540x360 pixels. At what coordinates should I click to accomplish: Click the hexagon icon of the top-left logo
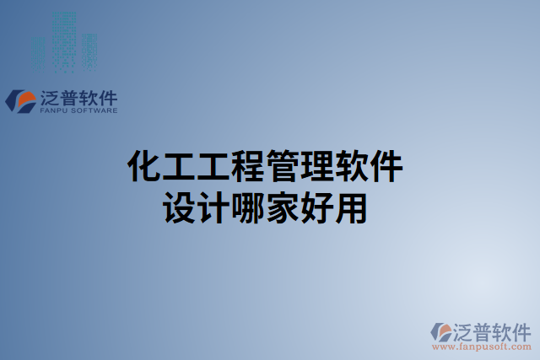[19, 101]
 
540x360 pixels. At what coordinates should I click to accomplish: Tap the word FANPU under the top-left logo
[55, 110]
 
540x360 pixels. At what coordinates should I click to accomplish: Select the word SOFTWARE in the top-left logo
[95, 110]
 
